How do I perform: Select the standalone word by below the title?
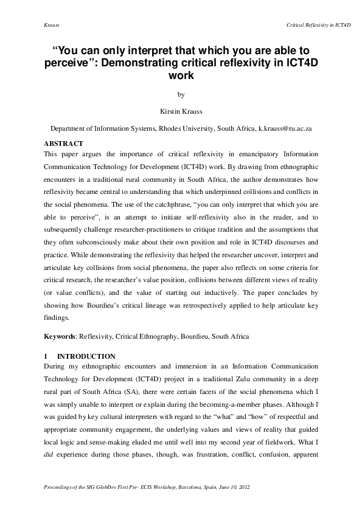point(181,94)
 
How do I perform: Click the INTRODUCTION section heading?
point(86,356)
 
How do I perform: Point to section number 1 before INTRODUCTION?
point(46,356)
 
